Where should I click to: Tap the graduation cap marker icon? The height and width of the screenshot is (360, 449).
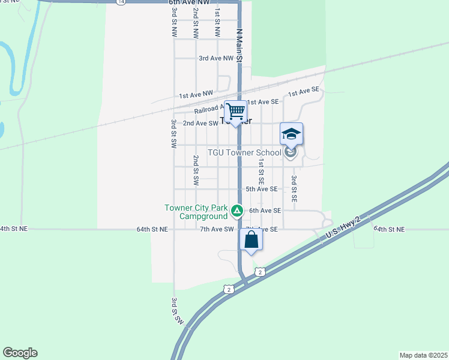pyautogui.click(x=291, y=134)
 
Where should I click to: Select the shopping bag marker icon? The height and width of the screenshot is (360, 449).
pyautogui.click(x=252, y=240)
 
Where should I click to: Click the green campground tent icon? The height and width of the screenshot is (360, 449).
pyautogui.click(x=237, y=211)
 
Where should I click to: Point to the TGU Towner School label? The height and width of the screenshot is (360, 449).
pyautogui.click(x=244, y=152)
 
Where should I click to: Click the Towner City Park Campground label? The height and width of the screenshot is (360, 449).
pyautogui.click(x=196, y=212)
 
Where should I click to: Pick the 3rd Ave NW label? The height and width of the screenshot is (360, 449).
pyautogui.click(x=215, y=58)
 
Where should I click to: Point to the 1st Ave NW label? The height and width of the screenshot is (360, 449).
pyautogui.click(x=196, y=95)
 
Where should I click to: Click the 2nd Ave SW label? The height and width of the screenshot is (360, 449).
pyautogui.click(x=200, y=124)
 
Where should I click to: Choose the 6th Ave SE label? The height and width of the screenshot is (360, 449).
pyautogui.click(x=265, y=211)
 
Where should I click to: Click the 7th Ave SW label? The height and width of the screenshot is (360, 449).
pyautogui.click(x=216, y=229)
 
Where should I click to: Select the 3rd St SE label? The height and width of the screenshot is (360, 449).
pyautogui.click(x=294, y=188)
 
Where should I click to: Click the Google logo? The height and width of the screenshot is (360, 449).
pyautogui.click(x=20, y=353)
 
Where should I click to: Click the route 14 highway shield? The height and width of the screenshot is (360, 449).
pyautogui.click(x=122, y=2)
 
